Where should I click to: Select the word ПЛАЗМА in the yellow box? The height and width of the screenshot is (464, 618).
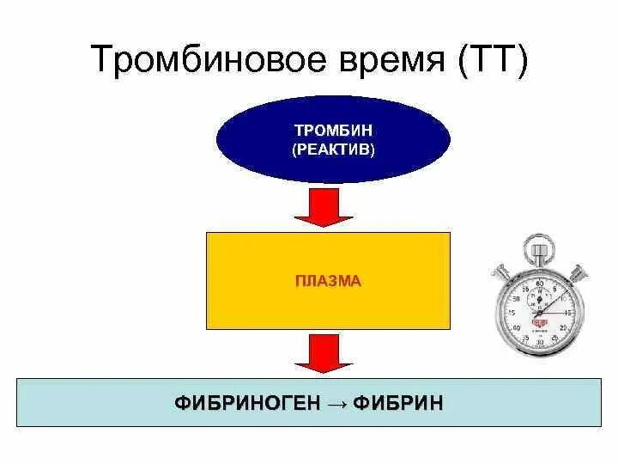pyautogui.click(x=327, y=281)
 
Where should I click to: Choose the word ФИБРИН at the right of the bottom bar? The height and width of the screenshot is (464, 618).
pyautogui.click(x=400, y=402)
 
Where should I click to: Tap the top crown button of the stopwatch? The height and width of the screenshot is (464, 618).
pyautogui.click(x=540, y=249)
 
